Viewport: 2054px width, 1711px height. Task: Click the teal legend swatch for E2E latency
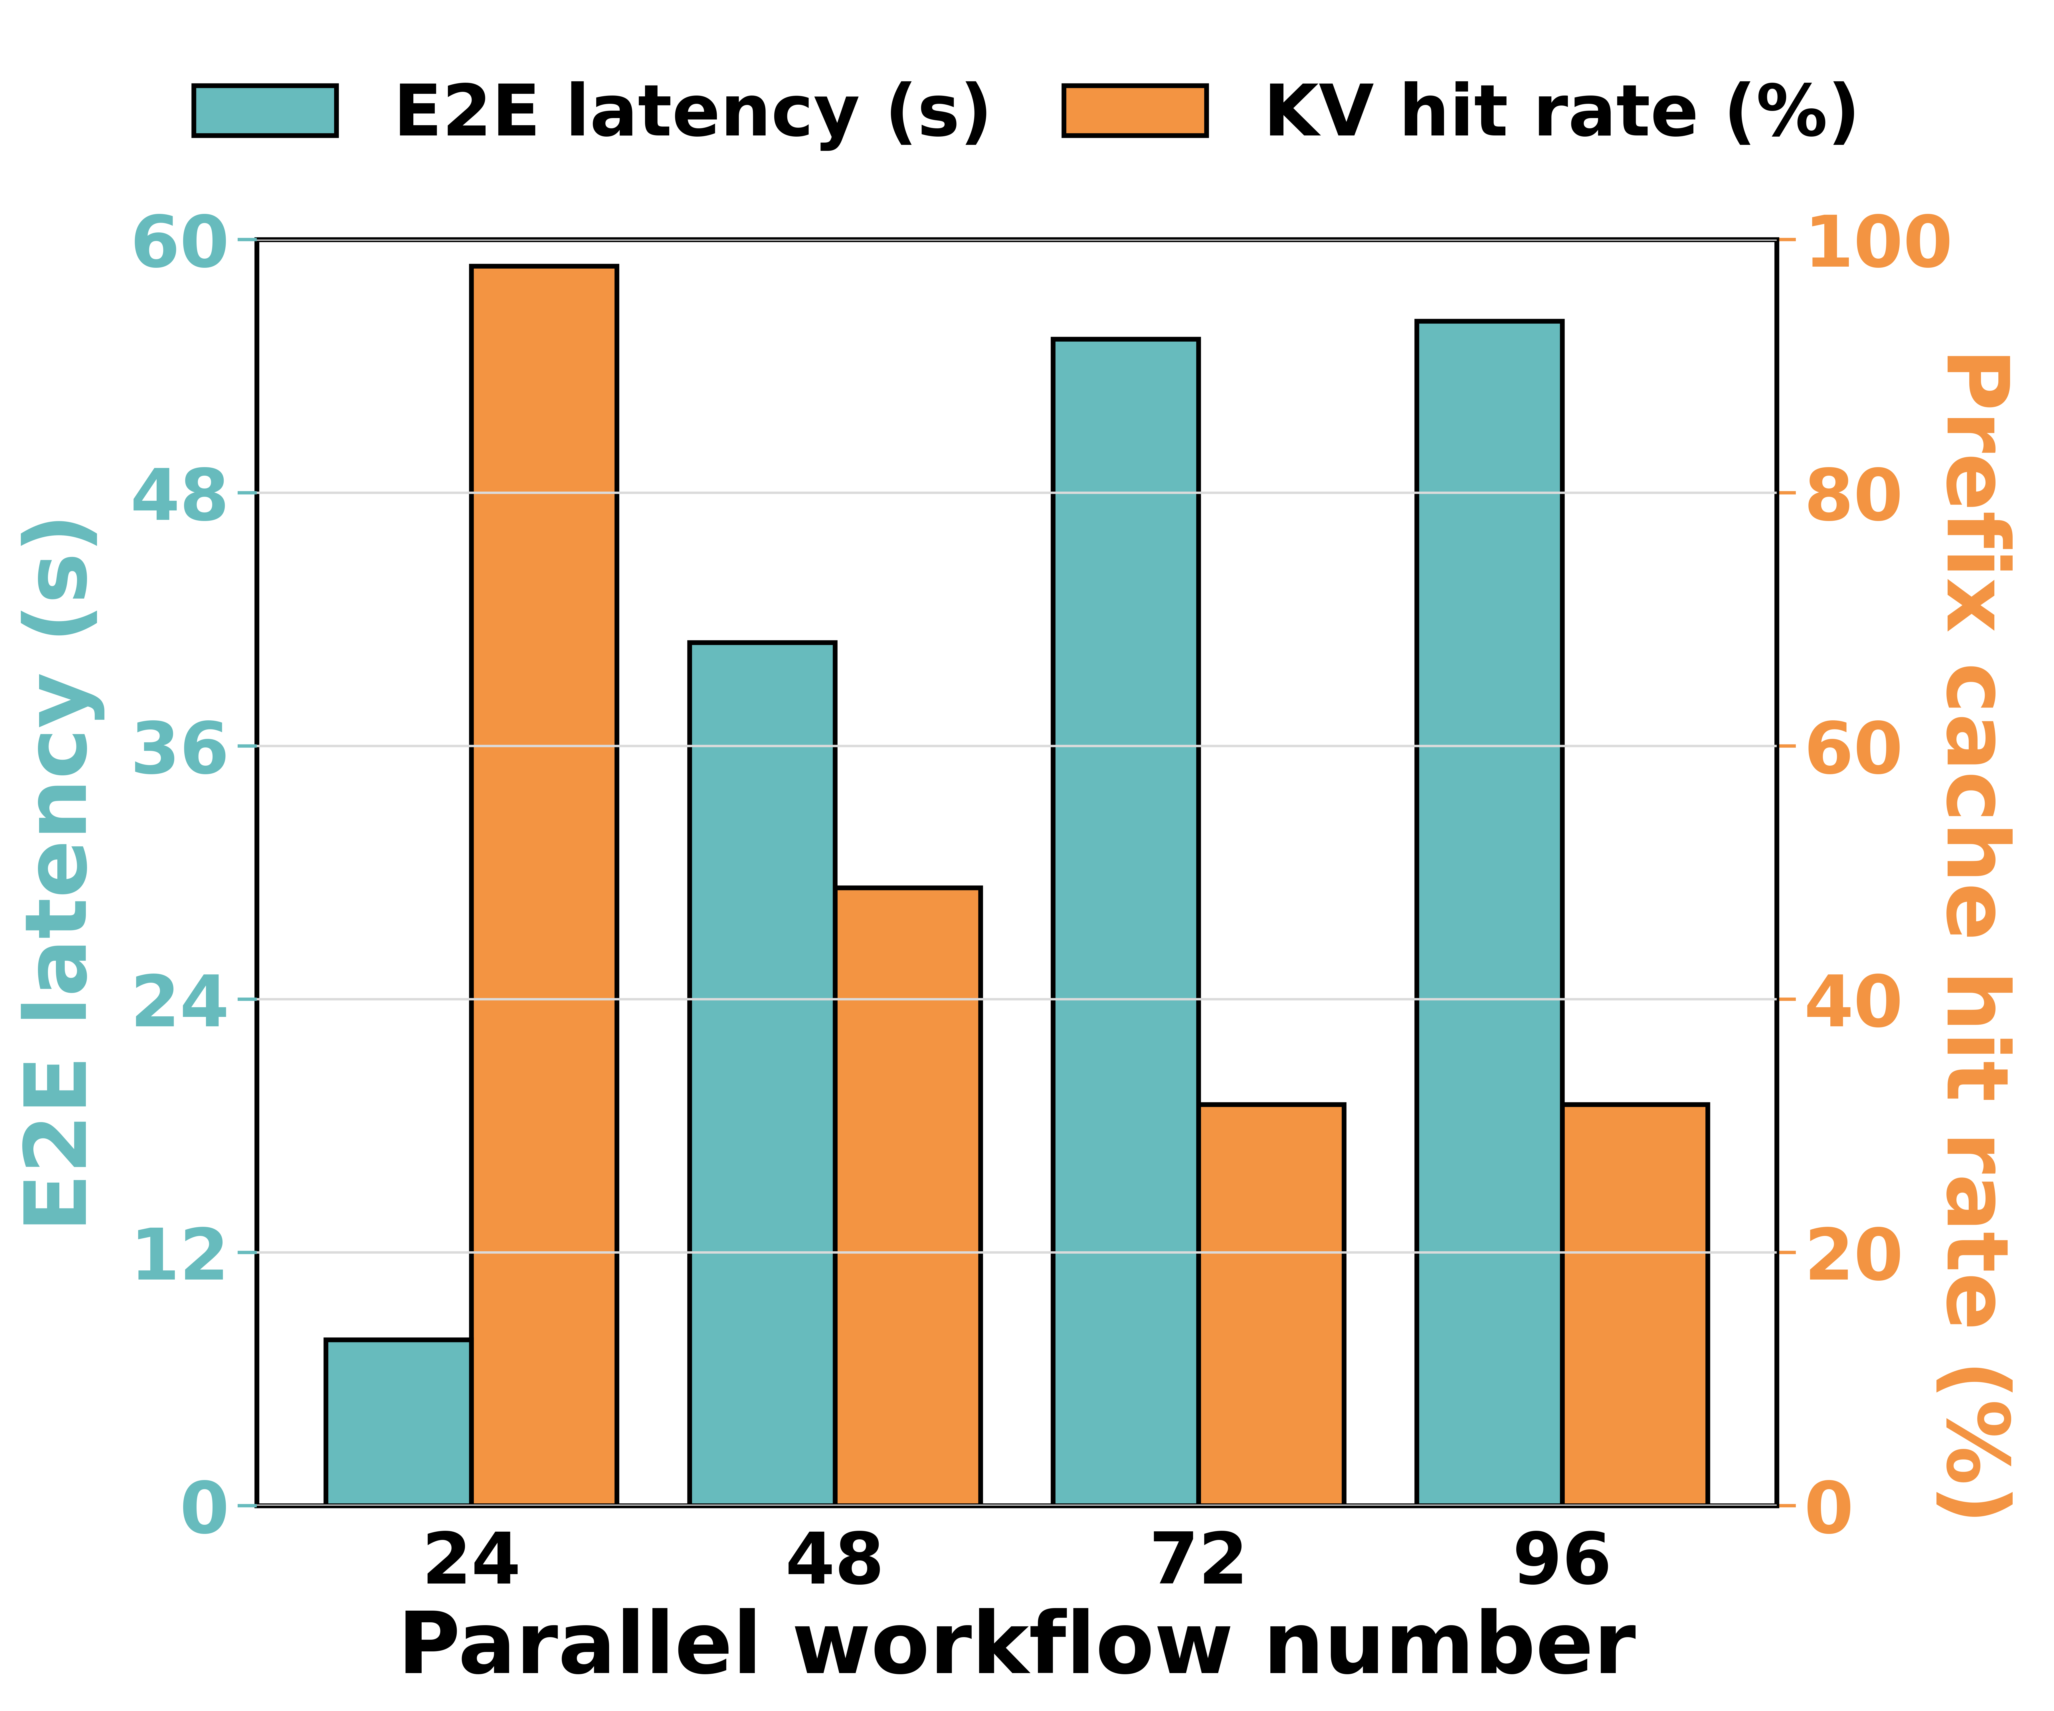[265, 110]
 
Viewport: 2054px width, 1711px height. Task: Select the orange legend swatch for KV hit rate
[1135, 110]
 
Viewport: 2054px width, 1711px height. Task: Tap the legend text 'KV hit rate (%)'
[1561, 110]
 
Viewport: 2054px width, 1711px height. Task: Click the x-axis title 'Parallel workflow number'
[1017, 1647]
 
